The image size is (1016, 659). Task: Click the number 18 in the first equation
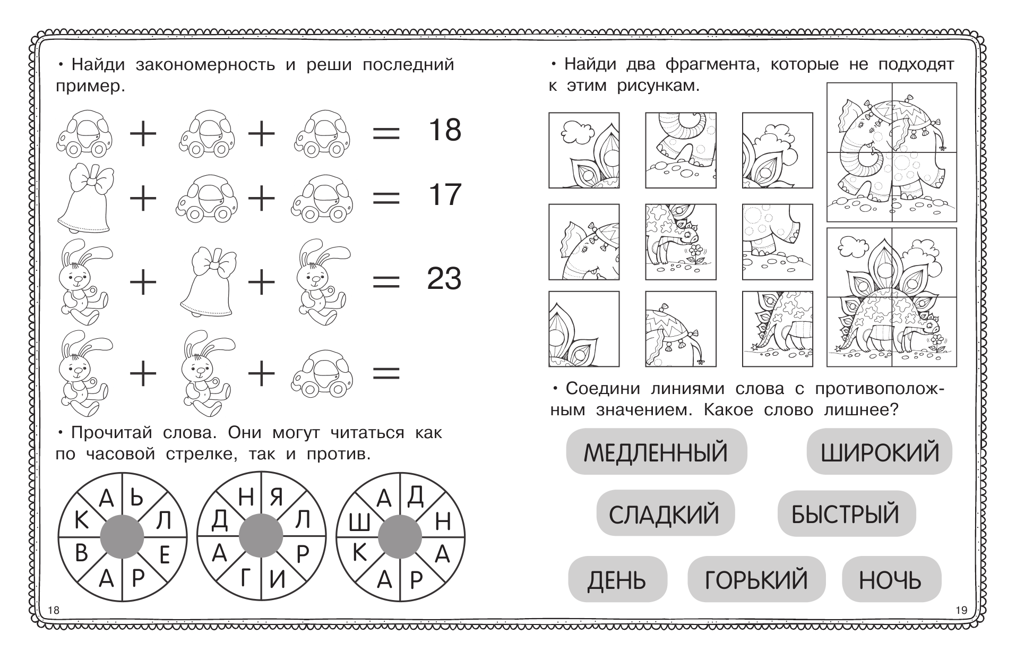pos(444,130)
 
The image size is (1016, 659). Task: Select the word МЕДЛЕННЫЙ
pos(656,452)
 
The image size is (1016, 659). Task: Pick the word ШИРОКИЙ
pos(880,452)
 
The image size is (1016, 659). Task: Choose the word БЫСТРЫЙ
pos(846,514)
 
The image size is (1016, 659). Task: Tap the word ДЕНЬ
pos(616,580)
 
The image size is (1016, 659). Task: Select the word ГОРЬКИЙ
pos(756,580)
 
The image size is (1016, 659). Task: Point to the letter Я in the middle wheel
pos(276,498)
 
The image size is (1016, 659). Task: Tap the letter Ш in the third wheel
pos(359,525)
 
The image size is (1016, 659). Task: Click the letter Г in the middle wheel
pos(245,578)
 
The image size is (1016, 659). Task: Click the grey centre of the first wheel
pos(122,537)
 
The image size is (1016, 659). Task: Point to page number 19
pos(961,610)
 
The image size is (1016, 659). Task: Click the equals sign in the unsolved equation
pos(386,374)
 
